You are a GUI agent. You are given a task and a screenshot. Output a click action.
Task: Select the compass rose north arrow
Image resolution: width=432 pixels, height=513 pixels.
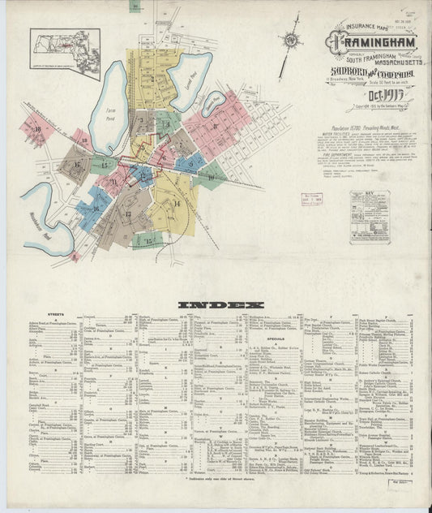(x=290, y=38)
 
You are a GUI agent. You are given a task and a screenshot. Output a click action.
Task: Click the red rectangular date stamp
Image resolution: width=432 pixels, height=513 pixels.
(x=313, y=199)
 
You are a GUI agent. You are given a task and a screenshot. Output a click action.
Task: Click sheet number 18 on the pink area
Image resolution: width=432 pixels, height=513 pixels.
(x=37, y=128)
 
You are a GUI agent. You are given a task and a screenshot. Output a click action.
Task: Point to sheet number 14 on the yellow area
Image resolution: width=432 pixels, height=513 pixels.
(x=176, y=203)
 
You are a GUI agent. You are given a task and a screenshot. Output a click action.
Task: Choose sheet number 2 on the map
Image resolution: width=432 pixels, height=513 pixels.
(x=141, y=124)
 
